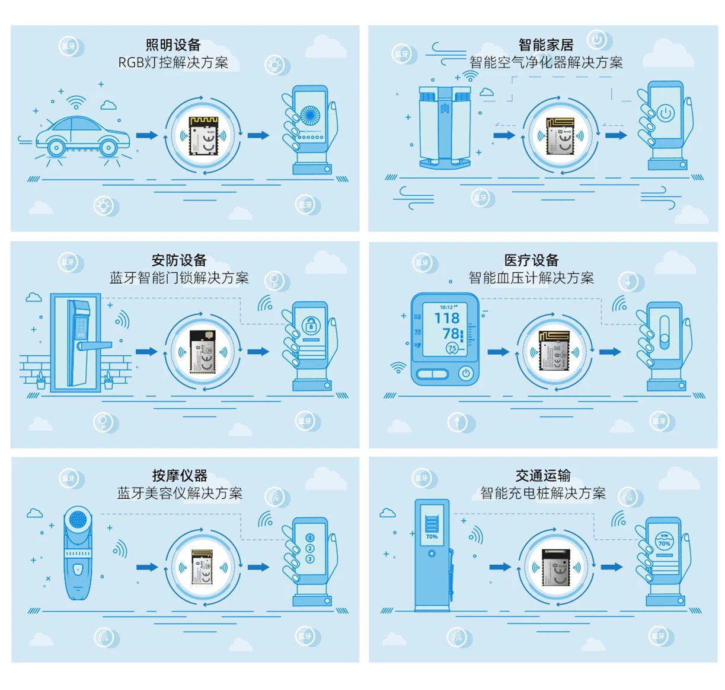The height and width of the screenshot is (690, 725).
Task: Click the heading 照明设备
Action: click(x=173, y=45)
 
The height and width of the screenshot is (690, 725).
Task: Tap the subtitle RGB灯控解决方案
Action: click(x=173, y=62)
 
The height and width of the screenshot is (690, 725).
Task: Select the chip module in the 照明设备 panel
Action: click(x=203, y=136)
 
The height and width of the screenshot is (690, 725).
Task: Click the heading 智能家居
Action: click(x=545, y=45)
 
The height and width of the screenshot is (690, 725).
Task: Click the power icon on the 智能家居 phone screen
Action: click(x=665, y=113)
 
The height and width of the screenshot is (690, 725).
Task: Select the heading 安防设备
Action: click(x=179, y=260)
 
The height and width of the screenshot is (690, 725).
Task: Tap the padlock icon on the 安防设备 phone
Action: click(x=311, y=325)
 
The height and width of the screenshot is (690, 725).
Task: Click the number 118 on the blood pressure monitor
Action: click(x=446, y=319)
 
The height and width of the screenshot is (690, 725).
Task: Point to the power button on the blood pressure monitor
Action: click(x=466, y=373)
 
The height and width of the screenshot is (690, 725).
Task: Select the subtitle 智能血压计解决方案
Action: click(x=531, y=278)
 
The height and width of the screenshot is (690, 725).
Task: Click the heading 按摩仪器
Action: click(x=180, y=475)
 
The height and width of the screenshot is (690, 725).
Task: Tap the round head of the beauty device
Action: click(x=78, y=520)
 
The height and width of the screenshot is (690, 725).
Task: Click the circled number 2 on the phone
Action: click(x=309, y=548)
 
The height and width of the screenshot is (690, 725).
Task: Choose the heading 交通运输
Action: click(x=543, y=475)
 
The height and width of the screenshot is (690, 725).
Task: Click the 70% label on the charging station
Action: click(x=432, y=536)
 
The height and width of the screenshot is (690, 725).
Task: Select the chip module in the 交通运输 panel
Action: click(x=555, y=567)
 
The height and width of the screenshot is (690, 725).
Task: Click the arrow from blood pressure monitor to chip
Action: click(x=498, y=352)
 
